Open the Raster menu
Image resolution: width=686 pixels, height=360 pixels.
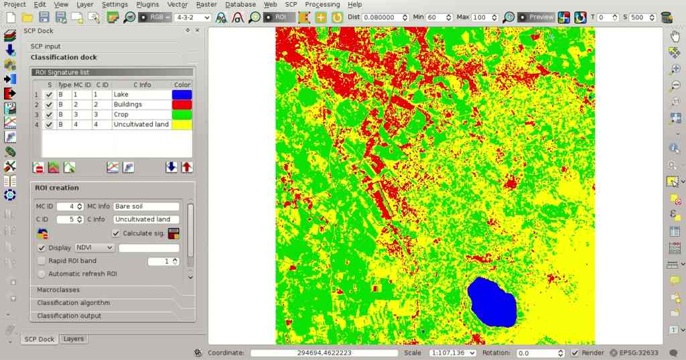pos(206,5)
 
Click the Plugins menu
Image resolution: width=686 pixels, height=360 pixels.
pos(147,5)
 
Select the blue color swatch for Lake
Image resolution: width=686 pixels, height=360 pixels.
pos(182,95)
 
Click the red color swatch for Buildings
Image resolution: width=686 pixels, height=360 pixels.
pos(182,105)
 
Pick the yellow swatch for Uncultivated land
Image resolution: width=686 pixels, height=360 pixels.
pos(182,125)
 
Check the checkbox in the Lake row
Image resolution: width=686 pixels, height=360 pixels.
pos(49,95)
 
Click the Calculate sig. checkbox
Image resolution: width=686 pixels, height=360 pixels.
pos(117,233)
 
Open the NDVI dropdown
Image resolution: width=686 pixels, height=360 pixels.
pos(94,248)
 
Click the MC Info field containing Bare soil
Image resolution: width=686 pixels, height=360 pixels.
pos(147,206)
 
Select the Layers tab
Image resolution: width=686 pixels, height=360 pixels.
pos(74,339)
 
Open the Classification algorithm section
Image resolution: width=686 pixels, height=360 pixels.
pos(74,303)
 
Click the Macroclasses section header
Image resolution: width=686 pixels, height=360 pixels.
pos(58,290)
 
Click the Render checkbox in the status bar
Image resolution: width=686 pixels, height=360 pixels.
pos(575,353)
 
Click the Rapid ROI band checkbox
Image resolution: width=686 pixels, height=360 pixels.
pos(42,261)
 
